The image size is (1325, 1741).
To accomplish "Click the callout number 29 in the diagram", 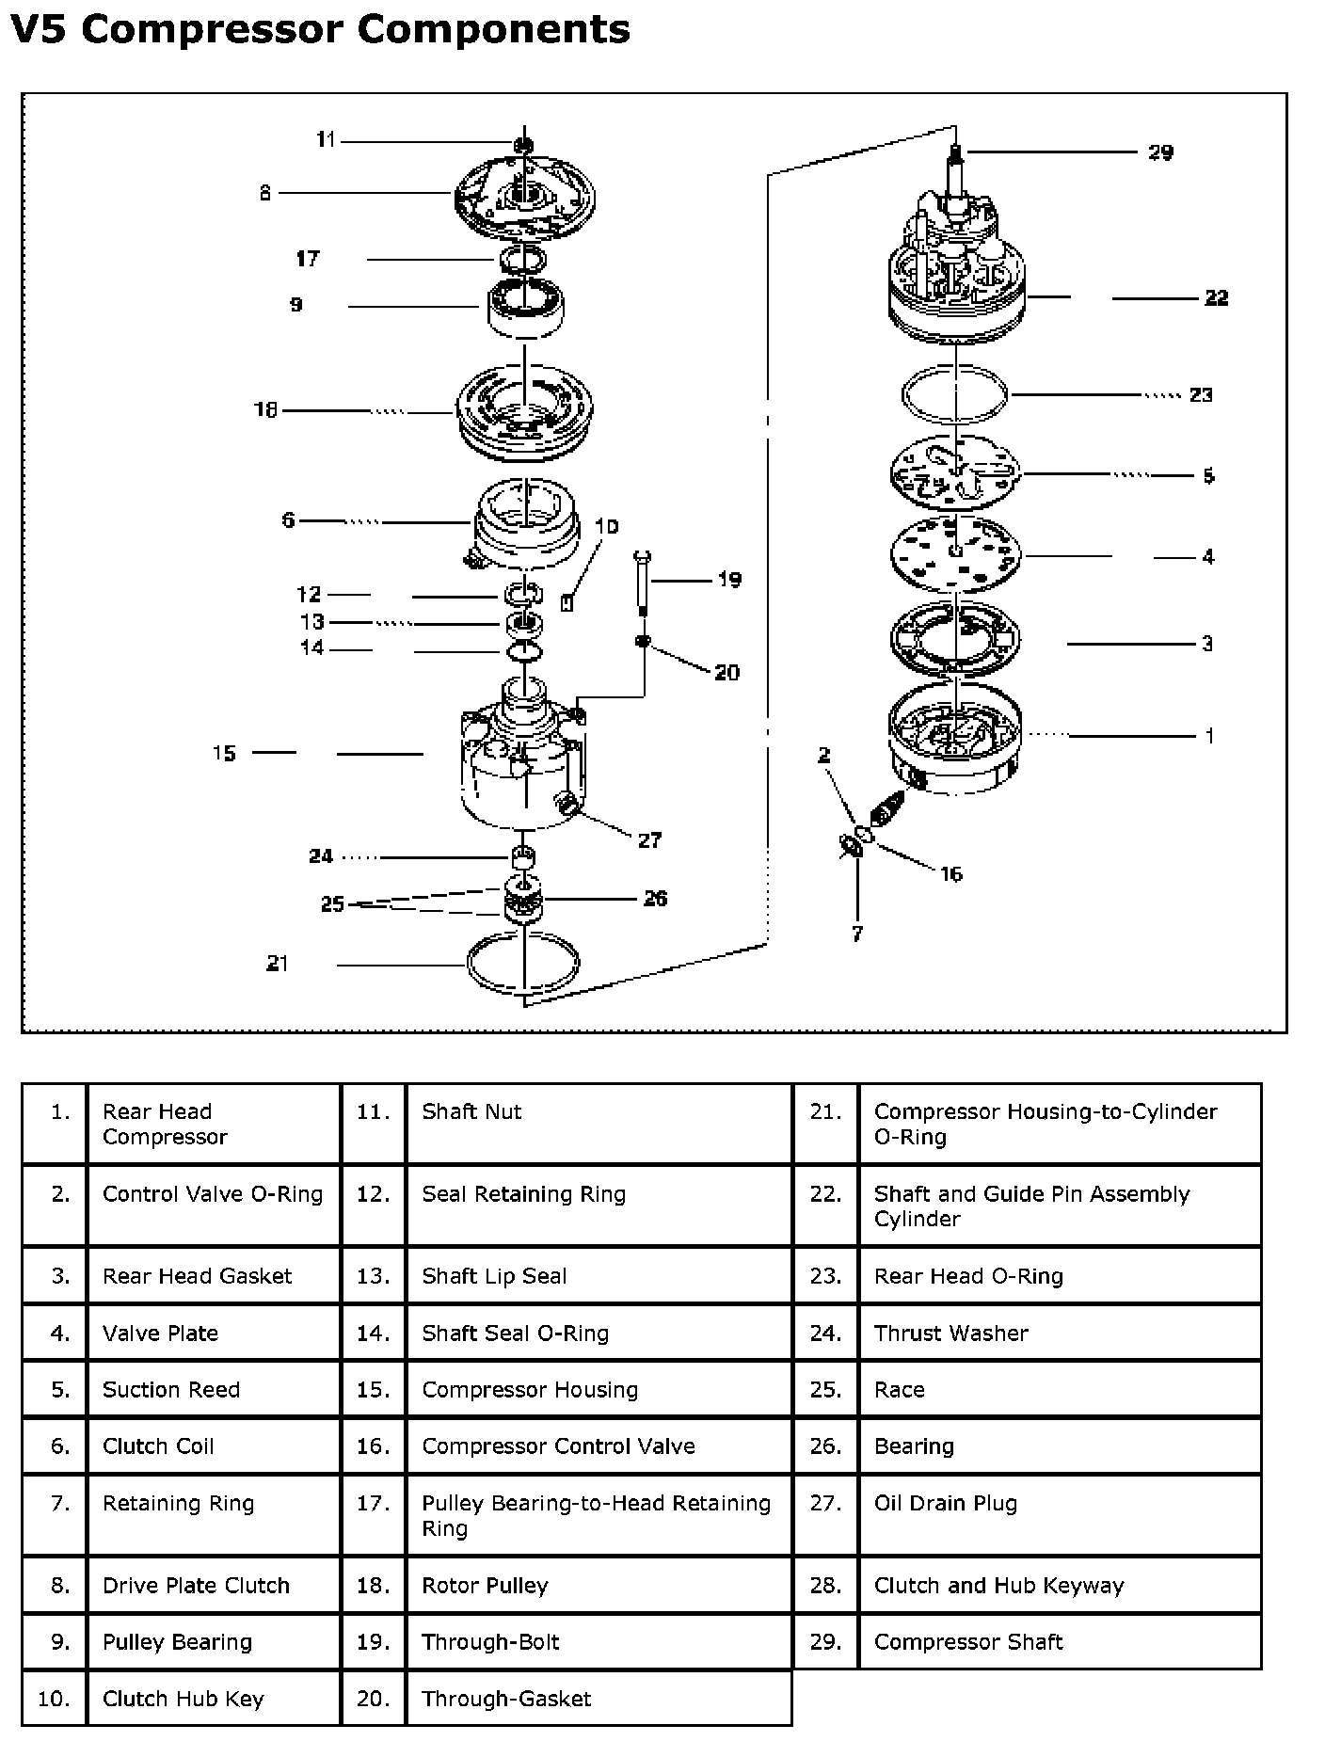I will coord(1160,152).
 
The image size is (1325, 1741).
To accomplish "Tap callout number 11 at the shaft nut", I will coord(326,140).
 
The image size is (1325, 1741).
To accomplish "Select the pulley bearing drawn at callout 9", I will coord(524,307).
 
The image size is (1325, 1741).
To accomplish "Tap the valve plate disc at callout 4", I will coord(955,556).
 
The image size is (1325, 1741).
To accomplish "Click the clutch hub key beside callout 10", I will coord(567,603).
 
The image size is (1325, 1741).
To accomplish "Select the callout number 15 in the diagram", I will coord(224,754).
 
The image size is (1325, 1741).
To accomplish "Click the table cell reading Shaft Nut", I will coord(471,1111).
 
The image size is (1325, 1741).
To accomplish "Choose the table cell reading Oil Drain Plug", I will coord(945,1503).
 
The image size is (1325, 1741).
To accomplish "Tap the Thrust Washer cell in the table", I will coord(950,1333).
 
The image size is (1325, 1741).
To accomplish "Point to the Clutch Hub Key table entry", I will coord(184,1698).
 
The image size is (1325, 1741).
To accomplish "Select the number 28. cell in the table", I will coord(824,1585).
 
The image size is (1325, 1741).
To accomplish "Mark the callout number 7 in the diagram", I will coord(857,934).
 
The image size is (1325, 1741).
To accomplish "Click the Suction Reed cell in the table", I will coord(171,1389).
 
